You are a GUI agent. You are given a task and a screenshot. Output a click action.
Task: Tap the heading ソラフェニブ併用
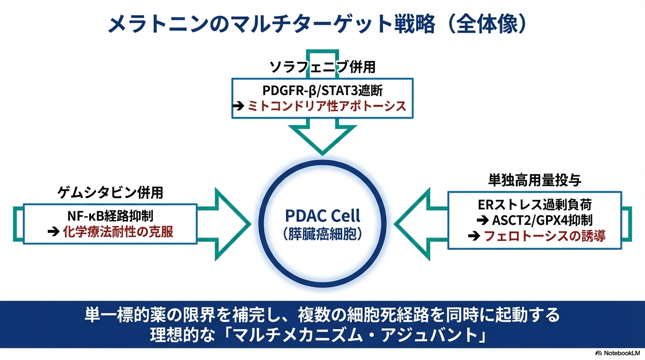[322, 67]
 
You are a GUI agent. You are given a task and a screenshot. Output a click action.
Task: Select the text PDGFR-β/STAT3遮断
[322, 90]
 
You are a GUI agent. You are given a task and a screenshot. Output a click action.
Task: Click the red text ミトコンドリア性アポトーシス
[327, 106]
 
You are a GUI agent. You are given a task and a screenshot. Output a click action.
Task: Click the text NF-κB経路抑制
[110, 216]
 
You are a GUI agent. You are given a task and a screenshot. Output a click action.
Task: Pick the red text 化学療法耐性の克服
[118, 232]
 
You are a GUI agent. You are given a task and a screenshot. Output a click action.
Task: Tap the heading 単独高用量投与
[535, 180]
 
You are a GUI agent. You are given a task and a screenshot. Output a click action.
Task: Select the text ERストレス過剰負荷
[535, 204]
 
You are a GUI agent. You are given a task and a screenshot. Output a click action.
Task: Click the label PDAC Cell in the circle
[322, 216]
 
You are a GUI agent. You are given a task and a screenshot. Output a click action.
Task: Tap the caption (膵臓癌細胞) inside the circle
[322, 233]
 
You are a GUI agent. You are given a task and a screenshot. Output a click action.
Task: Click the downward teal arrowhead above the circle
[322, 138]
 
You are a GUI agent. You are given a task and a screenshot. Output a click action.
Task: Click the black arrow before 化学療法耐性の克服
[53, 232]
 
